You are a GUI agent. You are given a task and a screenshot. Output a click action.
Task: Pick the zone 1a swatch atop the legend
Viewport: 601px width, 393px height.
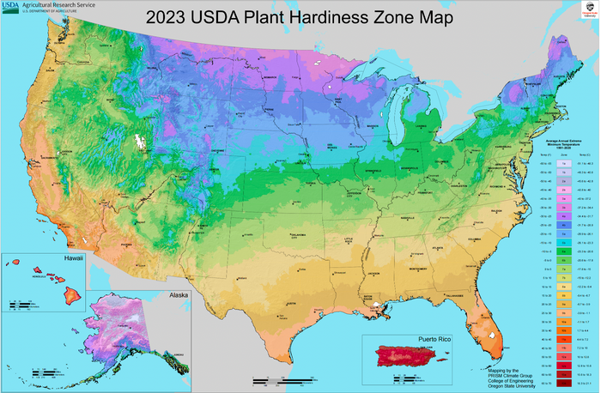(x=562, y=160)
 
